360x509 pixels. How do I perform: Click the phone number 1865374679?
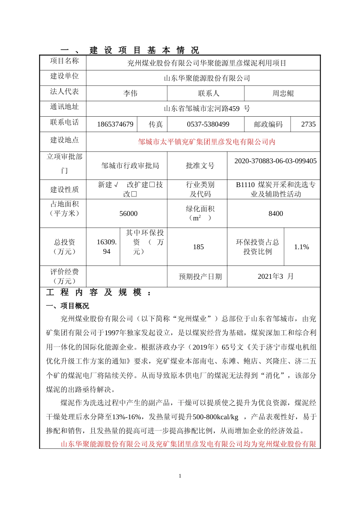115,124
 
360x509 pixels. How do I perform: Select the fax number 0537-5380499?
208,124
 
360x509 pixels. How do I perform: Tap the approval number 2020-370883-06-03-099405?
275,161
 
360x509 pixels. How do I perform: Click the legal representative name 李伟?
130,93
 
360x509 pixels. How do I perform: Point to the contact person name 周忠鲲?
283,93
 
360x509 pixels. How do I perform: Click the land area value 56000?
128,214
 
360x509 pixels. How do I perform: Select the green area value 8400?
275,214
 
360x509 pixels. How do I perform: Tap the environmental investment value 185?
198,247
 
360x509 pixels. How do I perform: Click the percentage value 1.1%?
301,247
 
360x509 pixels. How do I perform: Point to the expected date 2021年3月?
275,276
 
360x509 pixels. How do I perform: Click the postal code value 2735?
308,124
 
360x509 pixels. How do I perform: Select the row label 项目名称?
64,61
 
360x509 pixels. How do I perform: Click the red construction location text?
207,142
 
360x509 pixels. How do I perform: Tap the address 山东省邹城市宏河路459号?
207,109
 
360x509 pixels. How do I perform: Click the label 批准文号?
200,166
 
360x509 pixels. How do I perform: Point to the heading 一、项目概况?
67,306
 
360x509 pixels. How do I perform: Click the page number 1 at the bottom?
180,476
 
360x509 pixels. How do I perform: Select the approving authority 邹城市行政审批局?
130,166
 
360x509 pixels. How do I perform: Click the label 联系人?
208,93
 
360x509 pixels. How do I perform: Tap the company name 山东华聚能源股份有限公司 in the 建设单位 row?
207,78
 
